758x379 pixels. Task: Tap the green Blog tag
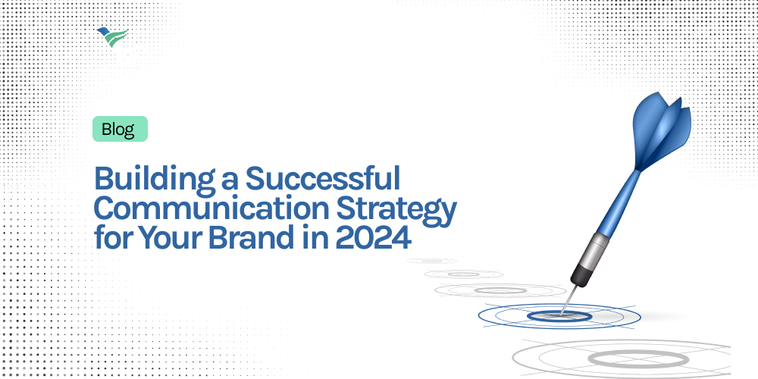click(x=119, y=130)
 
